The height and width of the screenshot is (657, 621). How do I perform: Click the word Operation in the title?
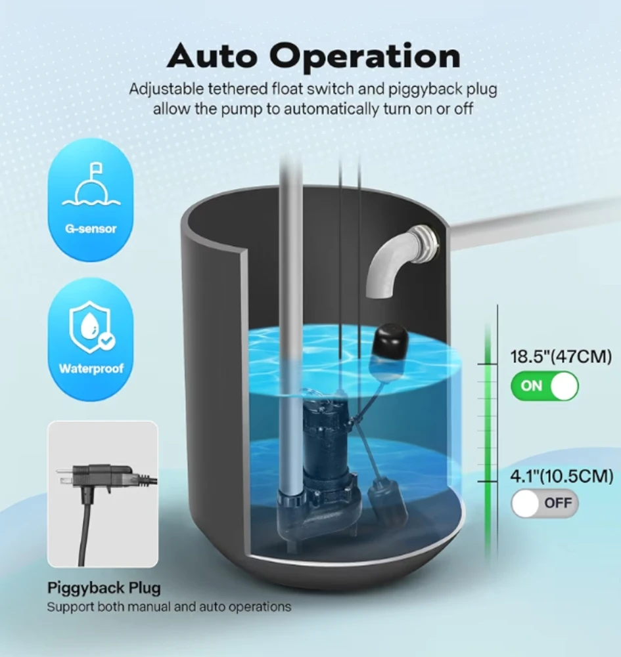[x=365, y=58]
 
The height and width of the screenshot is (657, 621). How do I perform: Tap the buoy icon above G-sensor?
[x=90, y=186]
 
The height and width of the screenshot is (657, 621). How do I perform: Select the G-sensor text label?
[x=90, y=229]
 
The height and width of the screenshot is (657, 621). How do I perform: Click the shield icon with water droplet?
[x=90, y=327]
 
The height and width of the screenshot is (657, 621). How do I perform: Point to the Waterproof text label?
[x=90, y=368]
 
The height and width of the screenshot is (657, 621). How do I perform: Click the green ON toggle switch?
[x=544, y=386]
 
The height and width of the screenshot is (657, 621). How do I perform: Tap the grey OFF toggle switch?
[x=544, y=503]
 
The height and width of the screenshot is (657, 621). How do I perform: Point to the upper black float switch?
[x=388, y=342]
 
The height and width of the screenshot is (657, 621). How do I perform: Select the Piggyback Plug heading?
[x=103, y=587]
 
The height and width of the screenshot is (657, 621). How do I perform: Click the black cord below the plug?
[x=83, y=532]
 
